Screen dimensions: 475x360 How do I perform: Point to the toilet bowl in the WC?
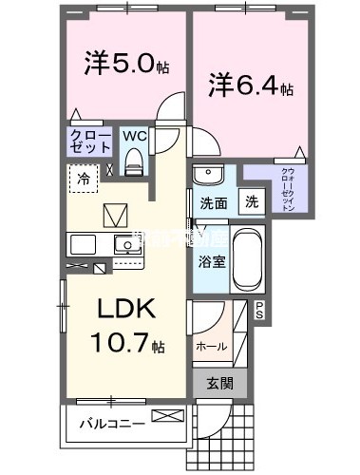pos(134,157)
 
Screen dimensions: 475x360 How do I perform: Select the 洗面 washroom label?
pos(213,202)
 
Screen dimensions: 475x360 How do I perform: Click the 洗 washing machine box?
pos(252,201)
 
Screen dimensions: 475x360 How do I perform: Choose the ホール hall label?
pos(210,347)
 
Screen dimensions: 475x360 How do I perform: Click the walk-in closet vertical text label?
pos(287,190)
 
